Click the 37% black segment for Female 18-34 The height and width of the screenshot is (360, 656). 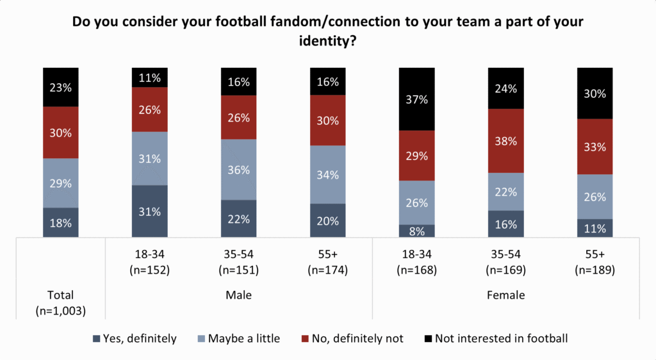pyautogui.click(x=416, y=99)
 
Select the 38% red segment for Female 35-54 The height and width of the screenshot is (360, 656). pyautogui.click(x=506, y=140)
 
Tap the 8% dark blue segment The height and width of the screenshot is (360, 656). pyautogui.click(x=416, y=231)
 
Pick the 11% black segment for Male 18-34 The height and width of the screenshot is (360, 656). pyautogui.click(x=149, y=78)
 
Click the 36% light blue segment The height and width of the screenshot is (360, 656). pyautogui.click(x=238, y=169)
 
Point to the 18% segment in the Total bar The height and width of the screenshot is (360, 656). pyautogui.click(x=60, y=222)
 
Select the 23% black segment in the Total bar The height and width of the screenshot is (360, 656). pyautogui.click(x=60, y=87)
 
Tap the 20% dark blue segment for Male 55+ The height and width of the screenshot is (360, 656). pyautogui.click(x=327, y=220)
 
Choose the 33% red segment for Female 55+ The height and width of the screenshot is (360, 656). pyautogui.click(x=594, y=146)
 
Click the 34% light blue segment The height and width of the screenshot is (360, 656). pyautogui.click(x=327, y=174)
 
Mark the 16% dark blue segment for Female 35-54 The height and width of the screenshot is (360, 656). pyautogui.click(x=506, y=224)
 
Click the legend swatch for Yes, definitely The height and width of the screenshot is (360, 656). pyautogui.click(x=96, y=338)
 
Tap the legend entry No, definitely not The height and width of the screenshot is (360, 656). pyautogui.click(x=354, y=338)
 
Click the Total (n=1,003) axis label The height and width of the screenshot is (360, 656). pyautogui.click(x=60, y=302)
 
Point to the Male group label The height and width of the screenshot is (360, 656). pyautogui.click(x=238, y=295)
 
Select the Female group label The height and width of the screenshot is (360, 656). pyautogui.click(x=506, y=295)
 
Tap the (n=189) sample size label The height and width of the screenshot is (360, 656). pyautogui.click(x=594, y=270)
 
